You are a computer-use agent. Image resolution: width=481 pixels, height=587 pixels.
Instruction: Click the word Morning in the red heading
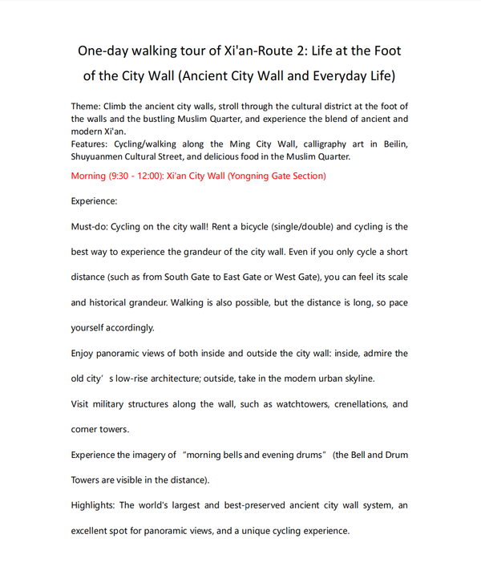point(94,176)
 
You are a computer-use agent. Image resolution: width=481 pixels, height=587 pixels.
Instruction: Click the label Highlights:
point(95,505)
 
